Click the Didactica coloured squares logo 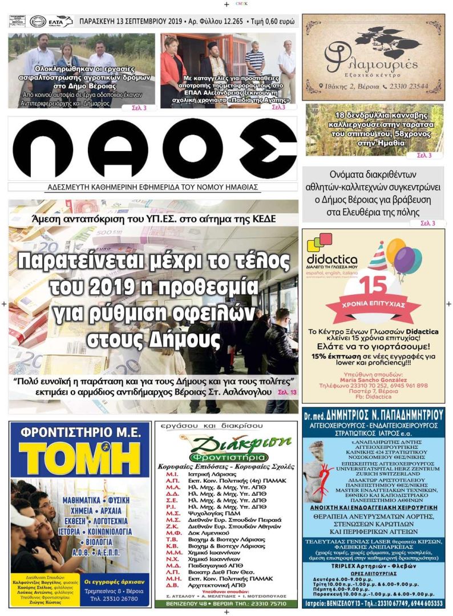pyautogui.click(x=319, y=242)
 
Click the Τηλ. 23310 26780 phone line pyautogui.click(x=117, y=598)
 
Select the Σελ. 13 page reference pyautogui.click(x=287, y=392)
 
